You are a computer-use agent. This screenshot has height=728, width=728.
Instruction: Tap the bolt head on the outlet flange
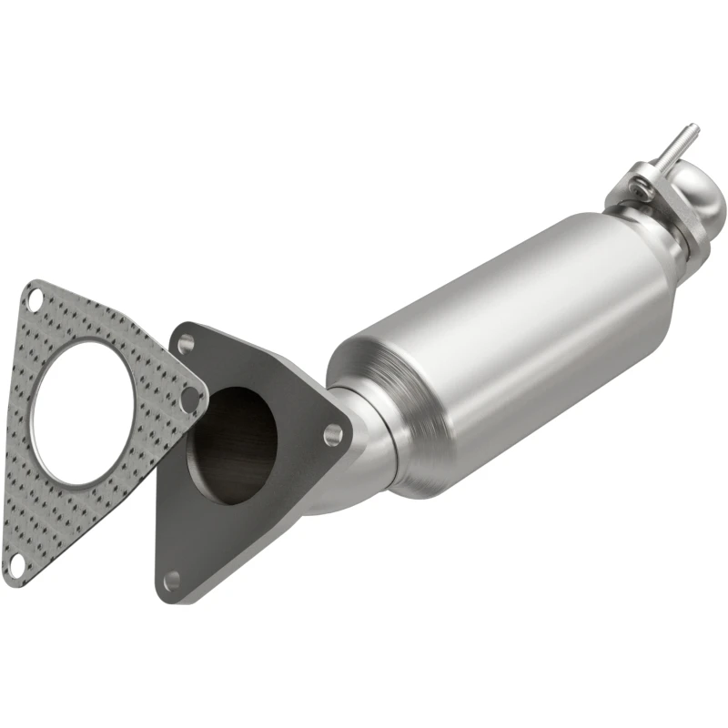tap(642, 192)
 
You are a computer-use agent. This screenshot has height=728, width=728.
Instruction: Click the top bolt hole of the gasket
tap(35, 298)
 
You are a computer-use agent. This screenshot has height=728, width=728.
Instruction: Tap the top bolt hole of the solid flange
tap(186, 344)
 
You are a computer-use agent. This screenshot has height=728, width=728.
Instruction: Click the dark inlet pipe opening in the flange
tap(231, 444)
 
